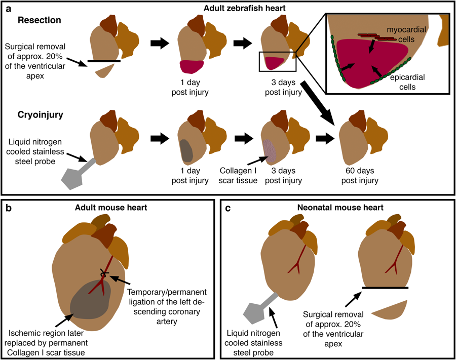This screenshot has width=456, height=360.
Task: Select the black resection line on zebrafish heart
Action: tap(103, 61)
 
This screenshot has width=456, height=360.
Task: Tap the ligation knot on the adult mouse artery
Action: tap(105, 273)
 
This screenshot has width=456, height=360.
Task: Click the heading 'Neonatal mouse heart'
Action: tap(332, 207)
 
